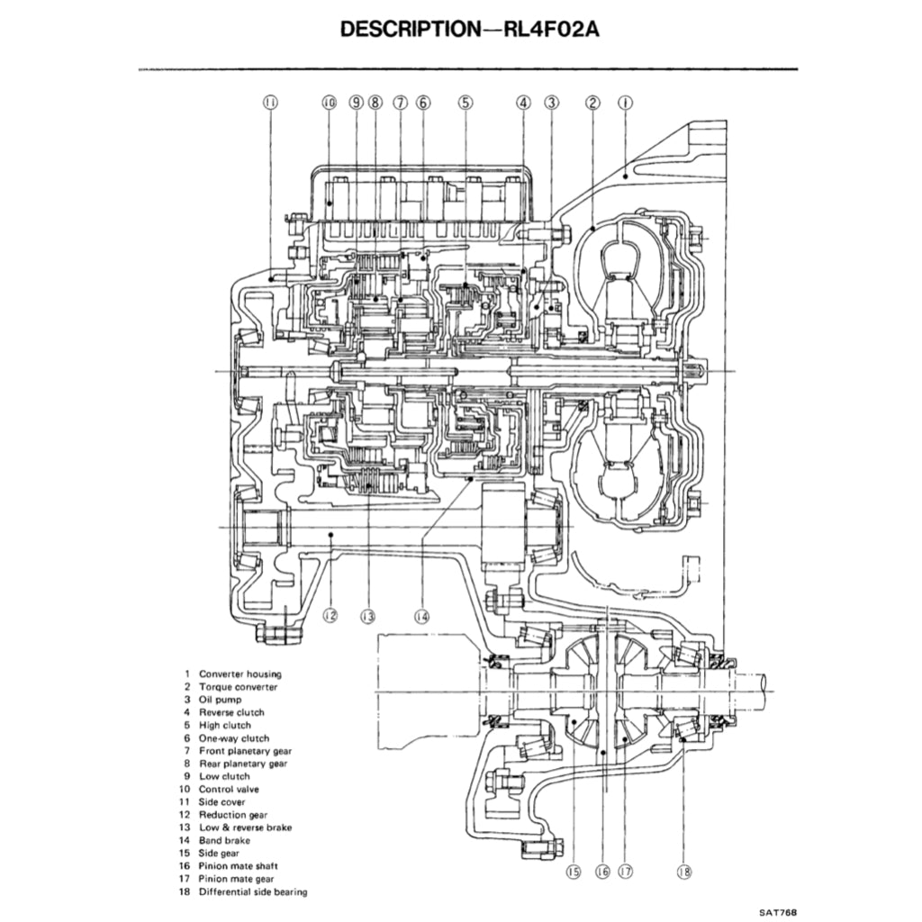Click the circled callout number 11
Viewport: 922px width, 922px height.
(x=270, y=103)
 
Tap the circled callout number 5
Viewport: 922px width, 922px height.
(x=465, y=103)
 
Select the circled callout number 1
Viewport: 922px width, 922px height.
(x=623, y=103)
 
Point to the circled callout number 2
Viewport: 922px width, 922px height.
(x=592, y=103)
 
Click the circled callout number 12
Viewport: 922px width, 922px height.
(x=330, y=616)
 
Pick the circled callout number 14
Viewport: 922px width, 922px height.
(x=421, y=616)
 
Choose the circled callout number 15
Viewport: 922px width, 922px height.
(x=574, y=871)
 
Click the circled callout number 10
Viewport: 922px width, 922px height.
(x=329, y=103)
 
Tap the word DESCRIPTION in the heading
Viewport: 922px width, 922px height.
(x=410, y=29)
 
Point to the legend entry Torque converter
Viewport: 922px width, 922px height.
(x=238, y=687)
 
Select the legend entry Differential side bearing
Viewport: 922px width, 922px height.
(x=252, y=891)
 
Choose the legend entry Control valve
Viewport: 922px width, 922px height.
(x=229, y=789)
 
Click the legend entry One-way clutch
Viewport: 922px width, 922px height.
(x=233, y=737)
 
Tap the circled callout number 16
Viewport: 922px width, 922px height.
(x=602, y=871)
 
